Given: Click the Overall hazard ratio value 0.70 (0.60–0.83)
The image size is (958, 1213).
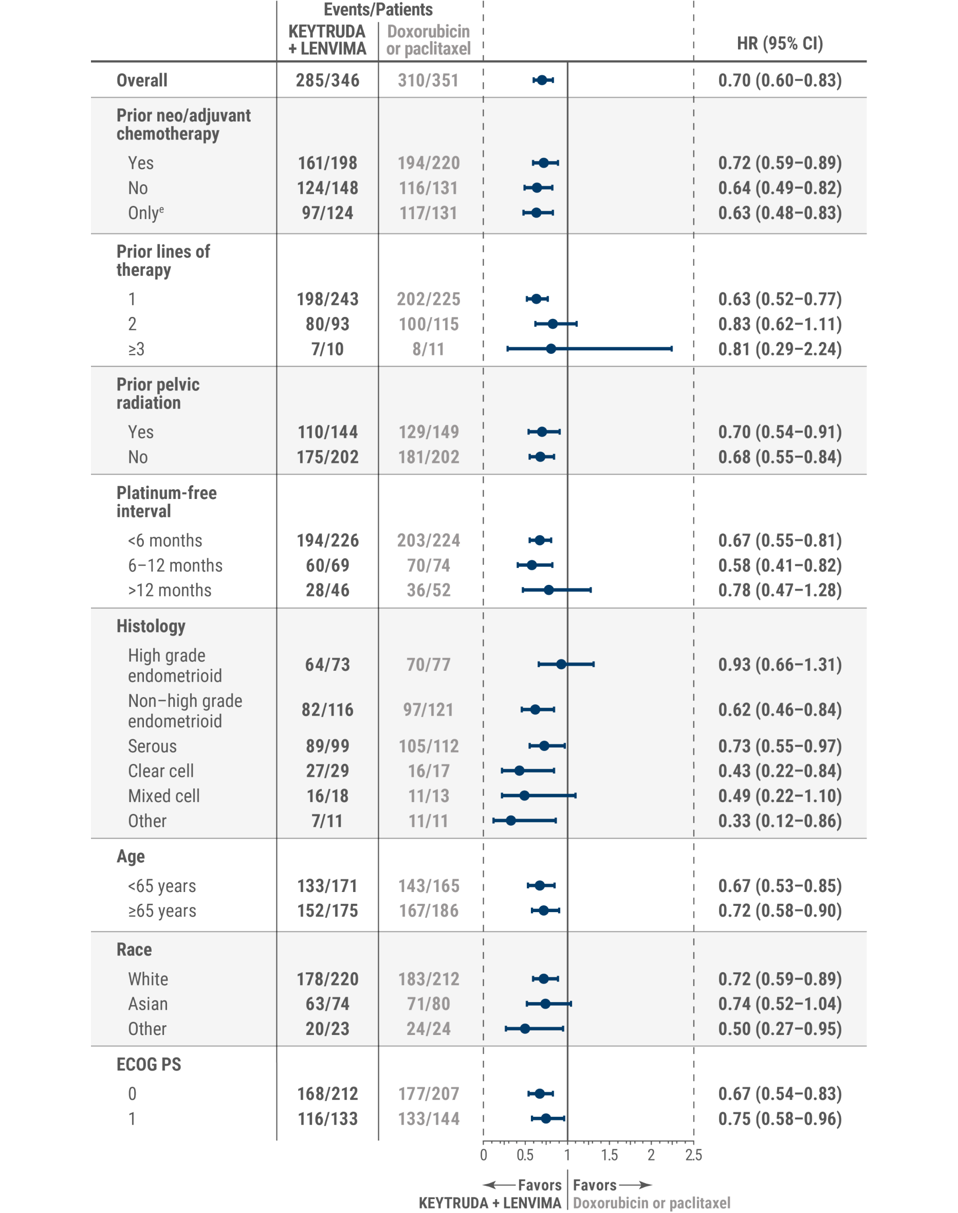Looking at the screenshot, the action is pyautogui.click(x=780, y=80).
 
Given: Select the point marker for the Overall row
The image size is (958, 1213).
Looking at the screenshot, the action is pyautogui.click(x=542, y=80).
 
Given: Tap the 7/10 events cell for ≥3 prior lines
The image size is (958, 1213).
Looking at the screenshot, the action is pyautogui.click(x=327, y=349).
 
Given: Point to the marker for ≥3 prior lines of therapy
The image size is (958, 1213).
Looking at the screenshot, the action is pyautogui.click(x=551, y=349).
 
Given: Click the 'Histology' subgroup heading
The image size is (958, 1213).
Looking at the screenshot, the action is pyautogui.click(x=151, y=626).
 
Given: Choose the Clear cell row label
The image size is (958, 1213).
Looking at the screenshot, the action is pyautogui.click(x=161, y=771).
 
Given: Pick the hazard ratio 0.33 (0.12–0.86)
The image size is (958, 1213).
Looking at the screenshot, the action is pyautogui.click(x=780, y=820).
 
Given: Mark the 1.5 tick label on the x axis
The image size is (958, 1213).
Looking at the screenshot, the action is pyautogui.click(x=609, y=1155).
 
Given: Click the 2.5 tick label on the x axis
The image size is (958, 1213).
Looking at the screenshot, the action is pyautogui.click(x=693, y=1155).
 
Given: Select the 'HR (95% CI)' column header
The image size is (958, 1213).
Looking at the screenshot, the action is pyautogui.click(x=780, y=43).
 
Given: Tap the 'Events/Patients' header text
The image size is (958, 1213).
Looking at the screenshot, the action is pyautogui.click(x=378, y=10).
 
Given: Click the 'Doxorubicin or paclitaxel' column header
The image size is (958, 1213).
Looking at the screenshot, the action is pyautogui.click(x=429, y=40).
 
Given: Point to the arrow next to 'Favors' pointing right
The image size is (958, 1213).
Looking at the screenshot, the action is pyautogui.click(x=635, y=1185).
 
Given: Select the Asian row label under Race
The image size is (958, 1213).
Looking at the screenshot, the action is pyautogui.click(x=148, y=1004).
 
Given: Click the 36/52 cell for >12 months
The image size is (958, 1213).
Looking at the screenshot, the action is pyautogui.click(x=429, y=590).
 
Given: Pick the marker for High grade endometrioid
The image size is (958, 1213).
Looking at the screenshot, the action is pyautogui.click(x=561, y=664).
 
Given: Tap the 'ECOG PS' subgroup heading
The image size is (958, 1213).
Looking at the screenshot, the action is pyautogui.click(x=149, y=1064).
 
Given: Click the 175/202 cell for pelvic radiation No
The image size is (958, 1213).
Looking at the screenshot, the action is pyautogui.click(x=327, y=457).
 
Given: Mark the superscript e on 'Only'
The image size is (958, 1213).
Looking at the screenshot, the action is pyautogui.click(x=161, y=209).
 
